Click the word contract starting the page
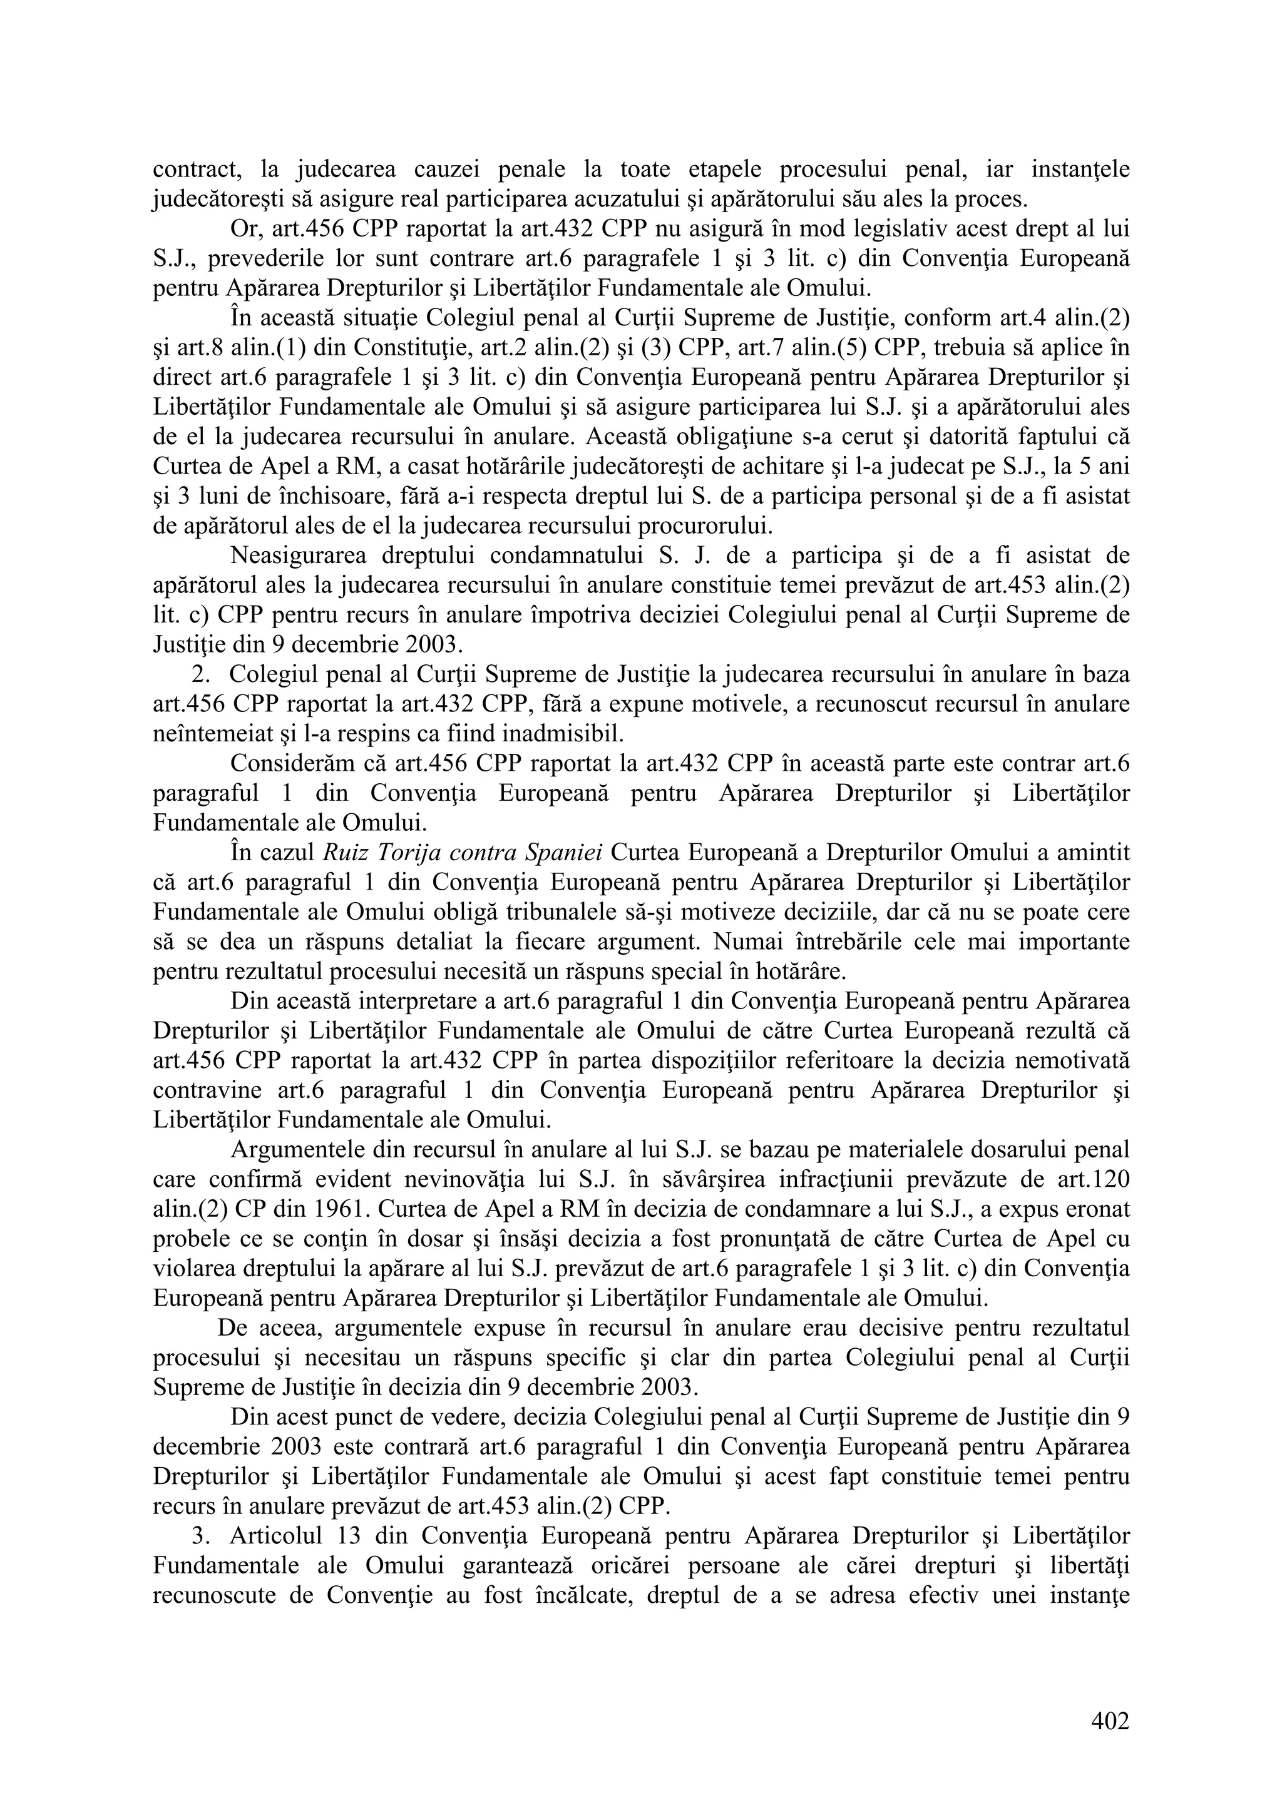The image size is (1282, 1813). [197, 169]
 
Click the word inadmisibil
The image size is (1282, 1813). [562, 734]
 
